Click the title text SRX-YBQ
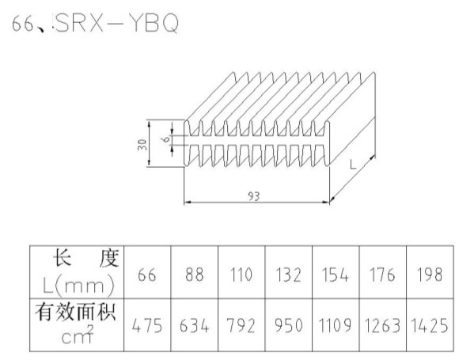[117, 23]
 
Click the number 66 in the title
[23, 24]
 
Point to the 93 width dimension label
[254, 196]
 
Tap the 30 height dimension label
[142, 145]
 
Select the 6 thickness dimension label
[166, 139]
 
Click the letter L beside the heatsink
[353, 165]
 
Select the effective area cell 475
[147, 326]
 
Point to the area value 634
[194, 326]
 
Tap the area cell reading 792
[241, 326]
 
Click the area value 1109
[336, 325]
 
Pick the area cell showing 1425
[430, 326]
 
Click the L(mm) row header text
[78, 286]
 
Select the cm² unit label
[78, 335]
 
